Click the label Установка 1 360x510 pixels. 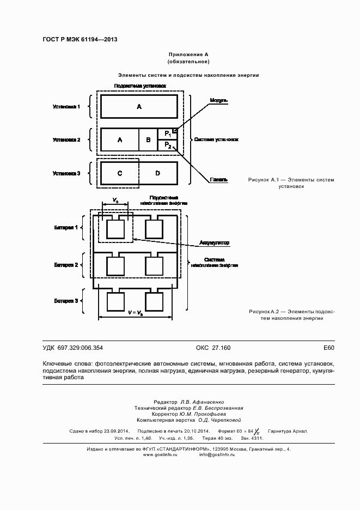point(66,106)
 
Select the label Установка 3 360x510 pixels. point(66,173)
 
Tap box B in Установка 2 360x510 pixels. point(148,140)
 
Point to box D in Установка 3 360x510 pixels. point(158,173)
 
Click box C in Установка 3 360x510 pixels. point(120,173)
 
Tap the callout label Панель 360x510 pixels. point(218,180)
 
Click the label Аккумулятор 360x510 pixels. point(214,242)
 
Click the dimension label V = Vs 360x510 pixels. point(136,313)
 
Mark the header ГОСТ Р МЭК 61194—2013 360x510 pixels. point(80,40)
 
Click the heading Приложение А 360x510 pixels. point(189,55)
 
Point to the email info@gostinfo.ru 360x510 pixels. point(217,439)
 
